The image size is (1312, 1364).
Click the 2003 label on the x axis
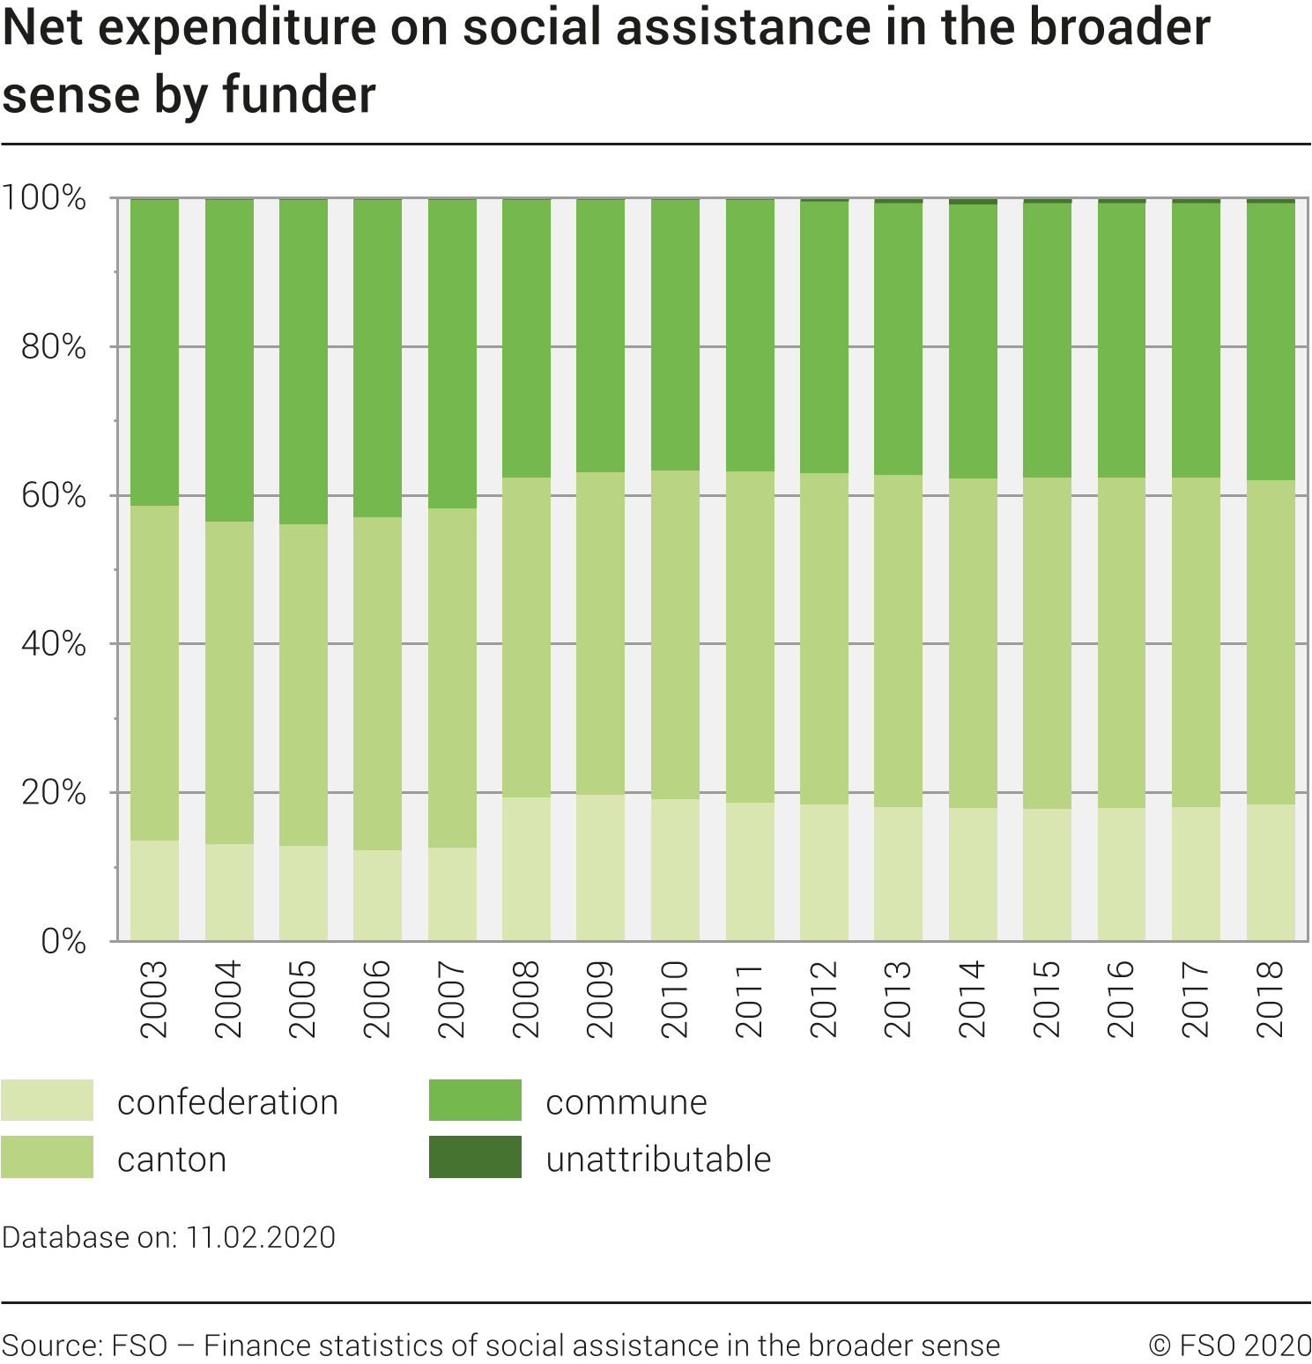coord(154,999)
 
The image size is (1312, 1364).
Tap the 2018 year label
coord(1270,999)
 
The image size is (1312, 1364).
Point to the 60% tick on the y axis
coord(54,496)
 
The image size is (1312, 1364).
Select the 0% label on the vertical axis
coord(63,942)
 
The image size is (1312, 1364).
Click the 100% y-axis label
coord(44,198)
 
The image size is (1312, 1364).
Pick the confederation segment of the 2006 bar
coord(377,895)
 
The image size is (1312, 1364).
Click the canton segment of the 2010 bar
coord(675,634)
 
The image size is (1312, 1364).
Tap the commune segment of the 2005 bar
coord(303,361)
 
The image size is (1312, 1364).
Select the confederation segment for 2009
coord(600,868)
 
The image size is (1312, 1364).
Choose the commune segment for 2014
coord(973,341)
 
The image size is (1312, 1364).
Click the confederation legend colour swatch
coord(48,1101)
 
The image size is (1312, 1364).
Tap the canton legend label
coord(172,1160)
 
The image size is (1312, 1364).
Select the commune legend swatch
coord(475,1101)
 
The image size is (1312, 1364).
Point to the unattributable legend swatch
coord(475,1157)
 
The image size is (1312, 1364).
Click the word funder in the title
coord(299,95)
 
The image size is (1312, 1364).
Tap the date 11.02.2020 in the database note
coord(261,1237)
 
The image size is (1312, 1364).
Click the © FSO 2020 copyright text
coord(1230,1345)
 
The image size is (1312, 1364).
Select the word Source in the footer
coord(51,1345)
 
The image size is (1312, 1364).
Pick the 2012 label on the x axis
coord(824,999)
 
